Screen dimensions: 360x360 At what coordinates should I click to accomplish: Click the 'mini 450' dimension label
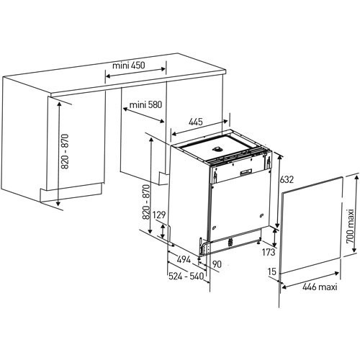(129, 65)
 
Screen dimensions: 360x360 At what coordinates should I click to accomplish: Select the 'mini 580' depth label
(145, 104)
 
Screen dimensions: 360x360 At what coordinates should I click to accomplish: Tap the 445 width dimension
(196, 122)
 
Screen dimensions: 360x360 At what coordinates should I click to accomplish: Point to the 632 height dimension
(287, 179)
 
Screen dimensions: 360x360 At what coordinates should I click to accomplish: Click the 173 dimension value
(269, 252)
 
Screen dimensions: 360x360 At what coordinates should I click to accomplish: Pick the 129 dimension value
(159, 215)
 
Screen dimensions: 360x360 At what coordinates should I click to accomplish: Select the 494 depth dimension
(184, 259)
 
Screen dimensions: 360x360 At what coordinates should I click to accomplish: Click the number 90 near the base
(217, 264)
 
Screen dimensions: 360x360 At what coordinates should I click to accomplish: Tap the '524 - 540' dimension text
(186, 276)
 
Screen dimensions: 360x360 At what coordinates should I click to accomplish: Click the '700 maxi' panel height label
(351, 226)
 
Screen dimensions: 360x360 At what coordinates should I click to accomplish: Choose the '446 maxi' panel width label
(320, 287)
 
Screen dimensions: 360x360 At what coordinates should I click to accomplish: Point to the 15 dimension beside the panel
(272, 271)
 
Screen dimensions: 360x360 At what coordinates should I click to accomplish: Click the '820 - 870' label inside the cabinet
(65, 151)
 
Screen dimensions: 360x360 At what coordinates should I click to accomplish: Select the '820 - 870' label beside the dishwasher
(146, 202)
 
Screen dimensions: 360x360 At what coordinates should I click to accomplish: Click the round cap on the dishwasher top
(217, 149)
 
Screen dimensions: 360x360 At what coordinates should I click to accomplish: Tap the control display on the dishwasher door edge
(246, 171)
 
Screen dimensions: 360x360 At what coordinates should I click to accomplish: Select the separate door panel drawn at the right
(311, 225)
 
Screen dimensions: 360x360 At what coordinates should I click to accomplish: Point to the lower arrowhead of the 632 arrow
(277, 225)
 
